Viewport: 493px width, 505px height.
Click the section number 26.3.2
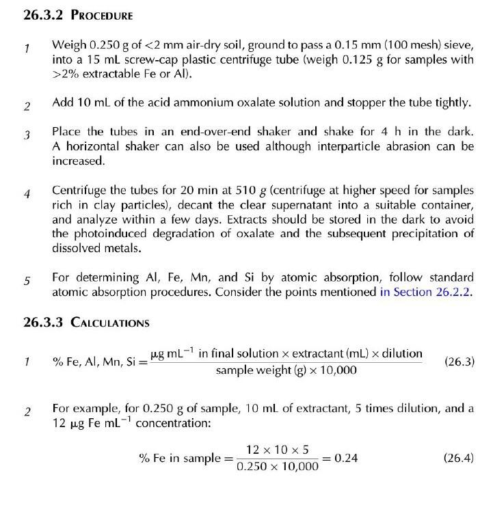point(42,14)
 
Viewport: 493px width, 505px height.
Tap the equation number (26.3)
point(459,361)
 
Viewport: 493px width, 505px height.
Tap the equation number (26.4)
point(459,458)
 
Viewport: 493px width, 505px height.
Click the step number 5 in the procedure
point(27,280)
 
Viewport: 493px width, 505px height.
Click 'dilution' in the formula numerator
point(402,354)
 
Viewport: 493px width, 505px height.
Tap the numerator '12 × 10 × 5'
point(277,450)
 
